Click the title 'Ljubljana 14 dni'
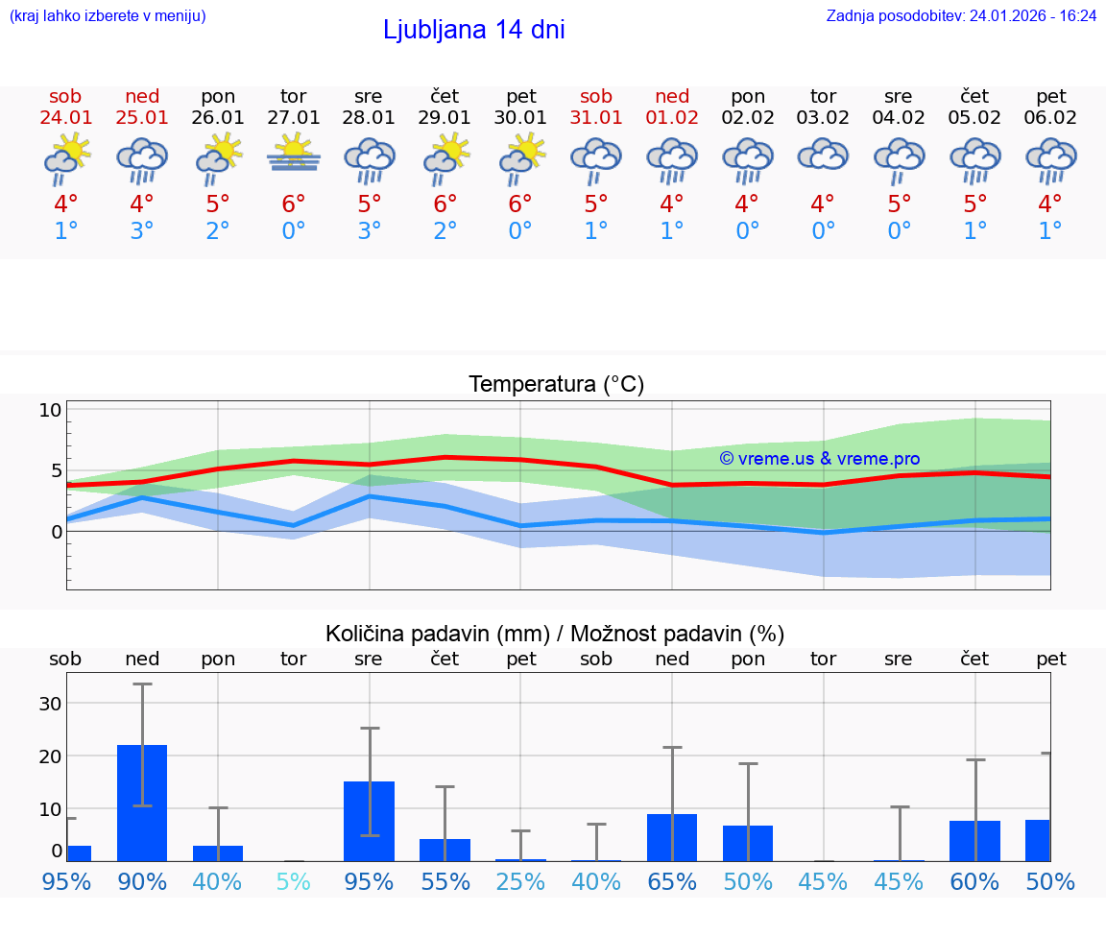(x=473, y=30)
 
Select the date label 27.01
(x=294, y=117)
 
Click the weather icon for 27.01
(x=294, y=155)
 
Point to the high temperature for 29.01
(x=445, y=204)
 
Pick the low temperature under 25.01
(x=142, y=230)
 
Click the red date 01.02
(x=672, y=117)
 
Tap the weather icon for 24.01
(x=66, y=158)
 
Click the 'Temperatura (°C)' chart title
(x=556, y=384)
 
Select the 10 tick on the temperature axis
(x=50, y=410)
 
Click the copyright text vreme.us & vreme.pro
(x=819, y=459)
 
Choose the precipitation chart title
(x=555, y=634)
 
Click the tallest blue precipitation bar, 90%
(x=142, y=803)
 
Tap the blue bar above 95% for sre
(x=370, y=821)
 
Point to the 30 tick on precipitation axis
(x=50, y=703)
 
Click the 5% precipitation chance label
(x=294, y=881)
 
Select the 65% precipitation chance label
(x=672, y=881)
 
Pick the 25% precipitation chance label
(x=520, y=881)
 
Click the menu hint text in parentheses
(x=108, y=15)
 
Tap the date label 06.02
(x=1051, y=117)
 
